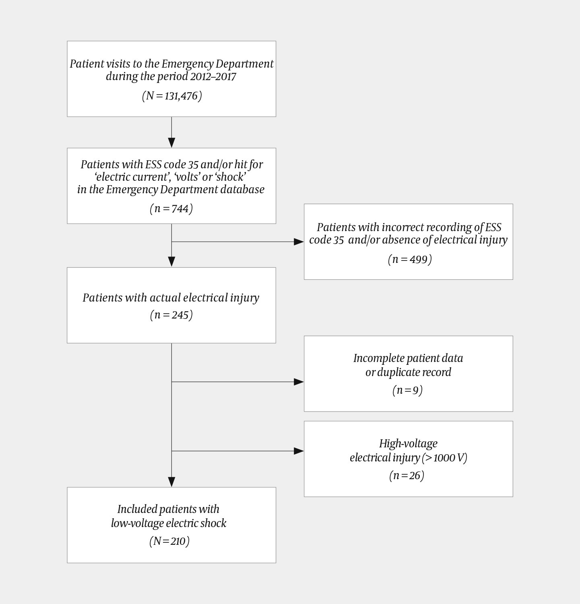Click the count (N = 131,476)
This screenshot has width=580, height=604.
tap(172, 96)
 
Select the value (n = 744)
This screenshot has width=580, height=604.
tap(171, 209)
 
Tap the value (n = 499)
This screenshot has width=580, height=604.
tap(410, 259)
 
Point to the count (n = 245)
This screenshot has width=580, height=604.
tap(171, 315)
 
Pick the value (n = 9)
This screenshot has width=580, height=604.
tap(407, 390)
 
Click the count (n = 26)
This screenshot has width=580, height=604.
tap(407, 476)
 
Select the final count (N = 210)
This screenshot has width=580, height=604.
tap(169, 541)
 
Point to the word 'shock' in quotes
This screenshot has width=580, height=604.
tap(230, 177)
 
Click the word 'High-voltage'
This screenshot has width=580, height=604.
tap(408, 444)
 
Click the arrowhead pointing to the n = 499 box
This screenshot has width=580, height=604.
tap(299, 242)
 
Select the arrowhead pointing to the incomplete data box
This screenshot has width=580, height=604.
tap(299, 382)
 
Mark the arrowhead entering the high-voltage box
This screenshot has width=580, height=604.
tap(299, 451)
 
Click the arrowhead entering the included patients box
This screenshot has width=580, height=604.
tap(172, 482)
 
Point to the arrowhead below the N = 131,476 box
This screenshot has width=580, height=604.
tap(172, 143)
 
